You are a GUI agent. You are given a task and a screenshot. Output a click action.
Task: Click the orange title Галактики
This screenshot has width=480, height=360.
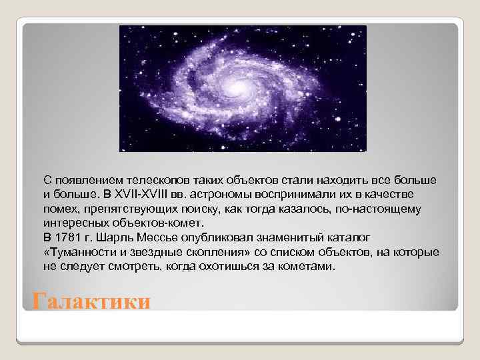[x=92, y=301]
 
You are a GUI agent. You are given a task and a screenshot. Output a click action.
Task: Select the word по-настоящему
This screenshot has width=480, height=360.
[x=380, y=209]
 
